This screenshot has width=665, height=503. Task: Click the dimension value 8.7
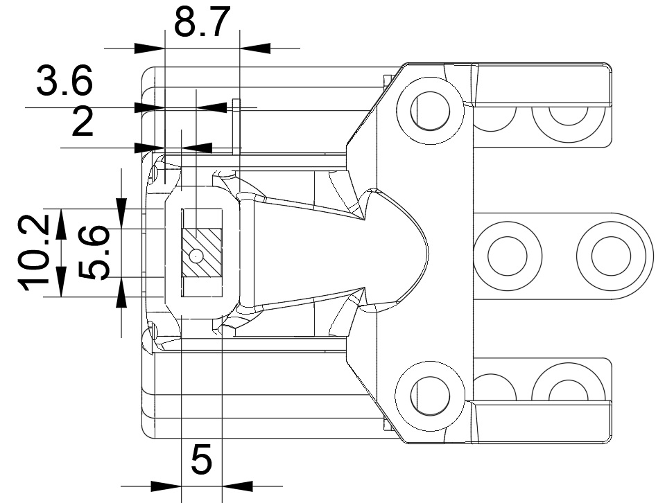pos(202,21)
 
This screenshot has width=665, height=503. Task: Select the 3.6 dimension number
pos(64,80)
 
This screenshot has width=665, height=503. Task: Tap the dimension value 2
pos(83,121)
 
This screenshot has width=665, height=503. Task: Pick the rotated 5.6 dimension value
pos(95,253)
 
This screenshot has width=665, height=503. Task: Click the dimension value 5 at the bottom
pos(201,460)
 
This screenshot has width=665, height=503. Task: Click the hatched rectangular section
pos(202,253)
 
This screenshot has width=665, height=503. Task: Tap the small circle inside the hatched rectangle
pos(196,256)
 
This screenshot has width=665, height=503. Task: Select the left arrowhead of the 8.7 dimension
pos(149,48)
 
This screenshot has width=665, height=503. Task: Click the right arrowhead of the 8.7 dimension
pos(255,48)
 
